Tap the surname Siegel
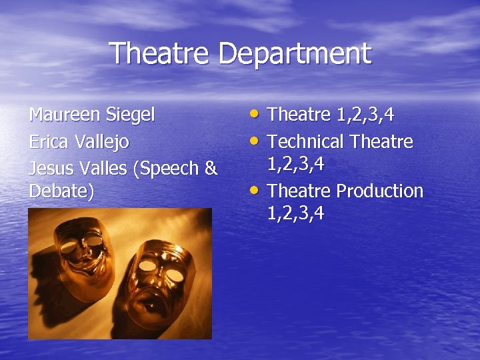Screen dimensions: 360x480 [x=131, y=115]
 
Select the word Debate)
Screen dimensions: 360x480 [x=61, y=191]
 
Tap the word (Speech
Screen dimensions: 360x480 [x=167, y=168]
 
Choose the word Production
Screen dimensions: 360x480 [x=379, y=191]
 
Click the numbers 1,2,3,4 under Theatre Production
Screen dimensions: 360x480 [x=295, y=214]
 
